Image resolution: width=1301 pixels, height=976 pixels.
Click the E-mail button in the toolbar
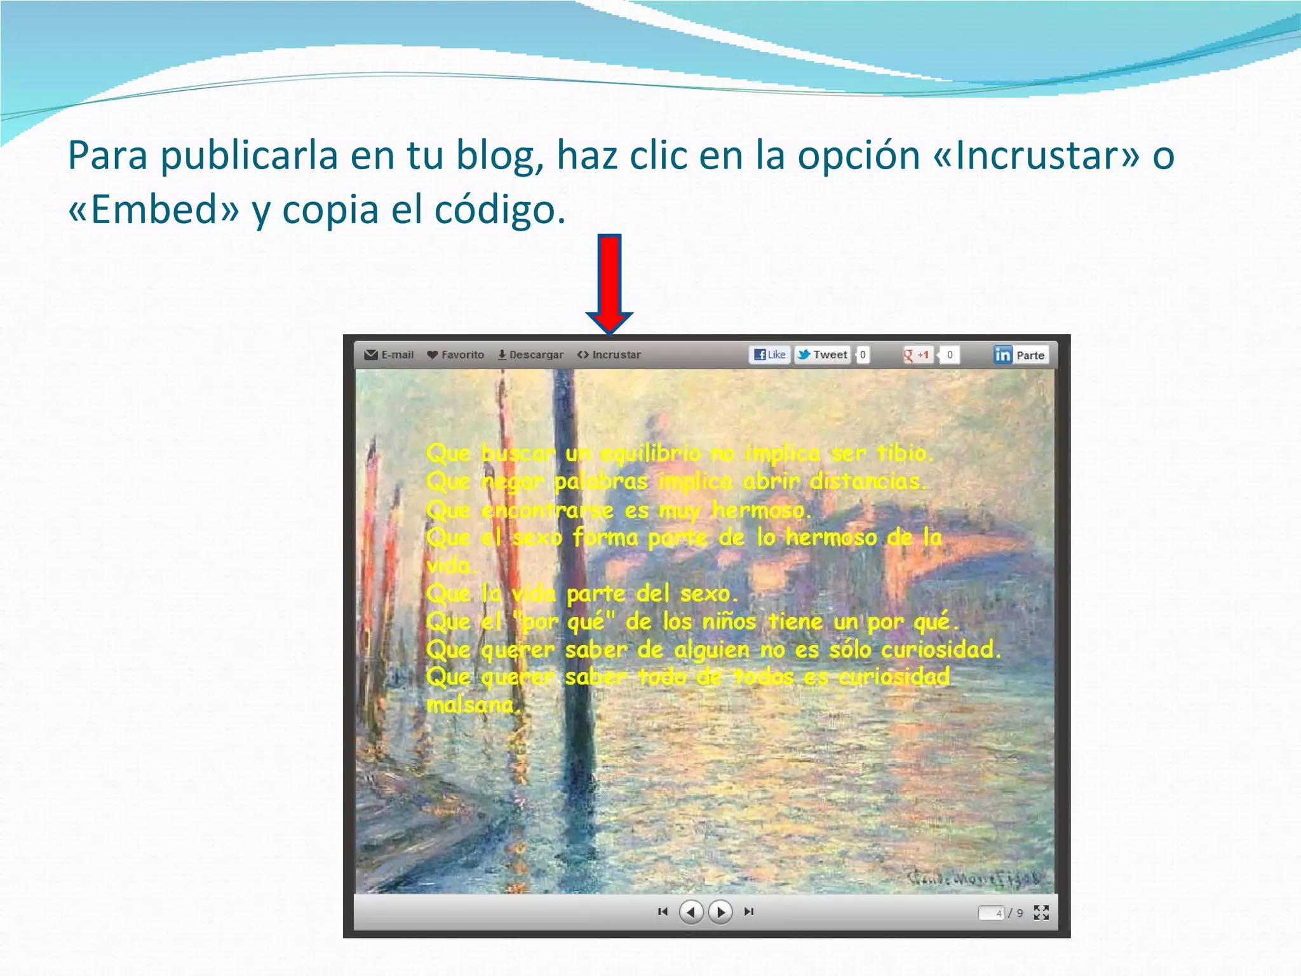tap(389, 355)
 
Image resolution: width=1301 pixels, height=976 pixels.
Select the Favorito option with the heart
tap(455, 355)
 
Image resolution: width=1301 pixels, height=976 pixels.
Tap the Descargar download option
tap(530, 355)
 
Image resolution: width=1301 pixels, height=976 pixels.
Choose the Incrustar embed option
tap(609, 355)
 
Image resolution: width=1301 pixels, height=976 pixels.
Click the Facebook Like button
tap(770, 355)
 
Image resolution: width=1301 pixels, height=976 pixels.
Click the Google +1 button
tap(917, 355)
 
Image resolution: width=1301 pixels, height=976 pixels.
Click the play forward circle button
tap(720, 912)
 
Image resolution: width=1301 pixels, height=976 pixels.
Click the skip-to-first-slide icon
tap(663, 912)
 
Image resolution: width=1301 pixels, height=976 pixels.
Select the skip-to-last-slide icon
tap(749, 912)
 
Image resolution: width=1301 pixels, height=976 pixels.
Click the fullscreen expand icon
tap(1041, 912)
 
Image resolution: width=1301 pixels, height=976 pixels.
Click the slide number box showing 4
tap(991, 913)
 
